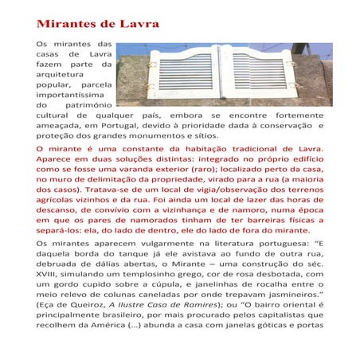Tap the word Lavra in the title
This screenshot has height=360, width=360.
(138, 23)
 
